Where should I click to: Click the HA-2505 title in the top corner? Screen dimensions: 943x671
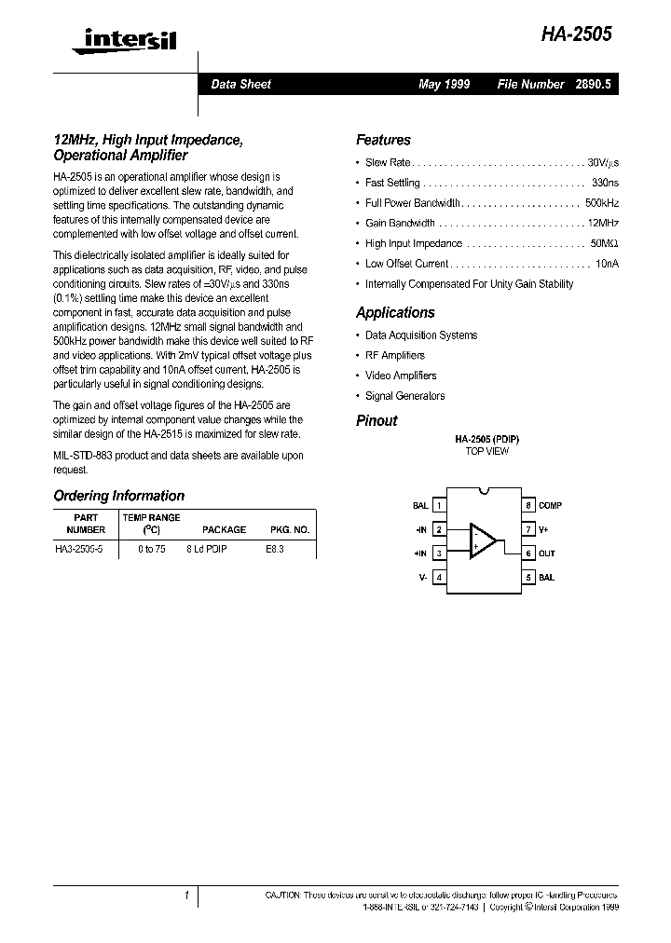(578, 34)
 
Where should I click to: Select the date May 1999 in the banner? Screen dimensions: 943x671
(444, 84)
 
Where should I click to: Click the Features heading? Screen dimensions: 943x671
(383, 140)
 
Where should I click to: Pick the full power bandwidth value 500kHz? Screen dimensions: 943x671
(601, 202)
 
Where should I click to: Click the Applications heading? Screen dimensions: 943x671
(395, 313)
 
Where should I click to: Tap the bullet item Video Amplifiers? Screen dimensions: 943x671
(401, 376)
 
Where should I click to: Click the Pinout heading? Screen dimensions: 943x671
(377, 420)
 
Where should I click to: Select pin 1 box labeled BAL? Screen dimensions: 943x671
(438, 506)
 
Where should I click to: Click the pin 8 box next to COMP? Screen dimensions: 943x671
(527, 506)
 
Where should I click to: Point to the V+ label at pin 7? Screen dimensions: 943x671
(545, 529)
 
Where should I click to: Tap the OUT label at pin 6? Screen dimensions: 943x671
(546, 553)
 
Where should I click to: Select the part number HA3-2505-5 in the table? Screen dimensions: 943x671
(80, 550)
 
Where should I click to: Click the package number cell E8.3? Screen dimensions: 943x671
(275, 550)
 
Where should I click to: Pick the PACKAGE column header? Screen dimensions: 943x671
(224, 529)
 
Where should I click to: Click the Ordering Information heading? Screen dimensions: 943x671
(118, 496)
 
